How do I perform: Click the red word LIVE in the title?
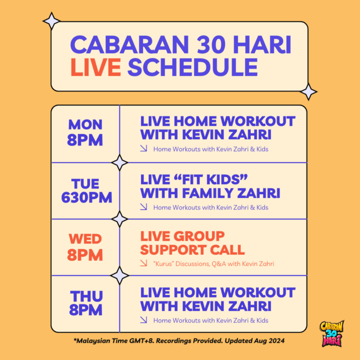pos(95,67)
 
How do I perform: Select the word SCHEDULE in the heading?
pos(192,67)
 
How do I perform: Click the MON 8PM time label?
pos(85,132)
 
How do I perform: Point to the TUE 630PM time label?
pos(86,190)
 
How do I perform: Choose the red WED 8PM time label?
pos(85,247)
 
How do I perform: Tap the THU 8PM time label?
pos(86,303)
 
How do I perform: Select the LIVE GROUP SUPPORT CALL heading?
pos(192,243)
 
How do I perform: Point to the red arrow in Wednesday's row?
pos(143,263)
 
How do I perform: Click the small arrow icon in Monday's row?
pos(143,148)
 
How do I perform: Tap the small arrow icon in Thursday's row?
pos(143,319)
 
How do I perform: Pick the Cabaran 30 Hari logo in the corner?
pos(332,333)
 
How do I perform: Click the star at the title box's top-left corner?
pos(51,21)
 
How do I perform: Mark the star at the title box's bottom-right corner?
pos(308,92)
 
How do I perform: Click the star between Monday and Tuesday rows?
pos(119,162)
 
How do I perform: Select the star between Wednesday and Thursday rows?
pos(119,275)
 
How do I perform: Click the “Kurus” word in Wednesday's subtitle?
pos(163,263)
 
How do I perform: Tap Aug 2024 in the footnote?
pos(269,340)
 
